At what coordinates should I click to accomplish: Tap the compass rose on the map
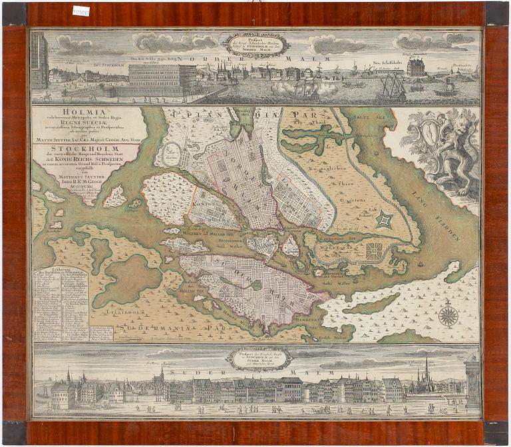pyautogui.click(x=448, y=315)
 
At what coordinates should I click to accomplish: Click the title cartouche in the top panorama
pyautogui.click(x=256, y=44)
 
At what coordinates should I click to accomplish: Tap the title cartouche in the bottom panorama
pyautogui.click(x=259, y=359)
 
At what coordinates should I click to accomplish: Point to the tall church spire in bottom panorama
pyautogui.click(x=426, y=370)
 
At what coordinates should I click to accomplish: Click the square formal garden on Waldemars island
pyautogui.click(x=375, y=251)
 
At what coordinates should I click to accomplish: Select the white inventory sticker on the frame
pyautogui.click(x=81, y=11)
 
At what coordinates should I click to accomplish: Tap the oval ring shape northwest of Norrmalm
pyautogui.click(x=171, y=155)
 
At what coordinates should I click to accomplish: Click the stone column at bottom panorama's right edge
pyautogui.click(x=472, y=383)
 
